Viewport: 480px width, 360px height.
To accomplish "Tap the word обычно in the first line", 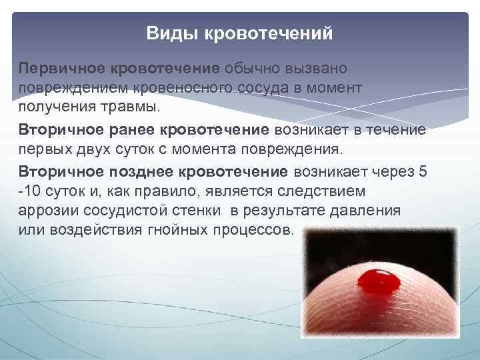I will [253, 69].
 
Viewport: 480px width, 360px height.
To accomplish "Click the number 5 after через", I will [421, 171].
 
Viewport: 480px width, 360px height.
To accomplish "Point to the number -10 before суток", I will [29, 191].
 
